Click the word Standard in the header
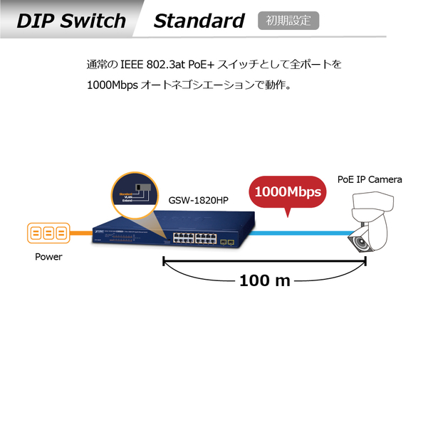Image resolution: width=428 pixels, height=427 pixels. pos(199,20)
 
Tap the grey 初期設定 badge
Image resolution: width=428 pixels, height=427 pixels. pos(288,20)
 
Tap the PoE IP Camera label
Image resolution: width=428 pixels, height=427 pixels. pos(370,179)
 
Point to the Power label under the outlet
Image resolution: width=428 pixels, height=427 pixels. pos(48,257)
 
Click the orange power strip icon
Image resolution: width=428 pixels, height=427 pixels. pos(49,233)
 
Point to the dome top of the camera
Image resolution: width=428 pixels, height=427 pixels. pos(371,210)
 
